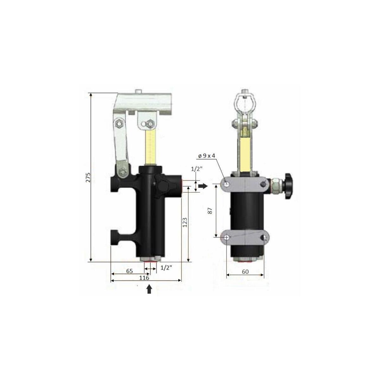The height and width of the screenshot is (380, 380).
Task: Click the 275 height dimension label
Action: tap(88, 177)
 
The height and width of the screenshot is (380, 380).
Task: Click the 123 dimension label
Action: tap(185, 222)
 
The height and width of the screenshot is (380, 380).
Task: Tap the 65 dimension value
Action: tap(130, 271)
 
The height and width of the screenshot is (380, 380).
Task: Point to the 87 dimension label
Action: tap(210, 211)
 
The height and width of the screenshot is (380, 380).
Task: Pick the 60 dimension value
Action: tap(245, 271)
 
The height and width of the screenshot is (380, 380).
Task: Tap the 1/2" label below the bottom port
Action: tap(166, 268)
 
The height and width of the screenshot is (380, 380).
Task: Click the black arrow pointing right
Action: tap(203, 186)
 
